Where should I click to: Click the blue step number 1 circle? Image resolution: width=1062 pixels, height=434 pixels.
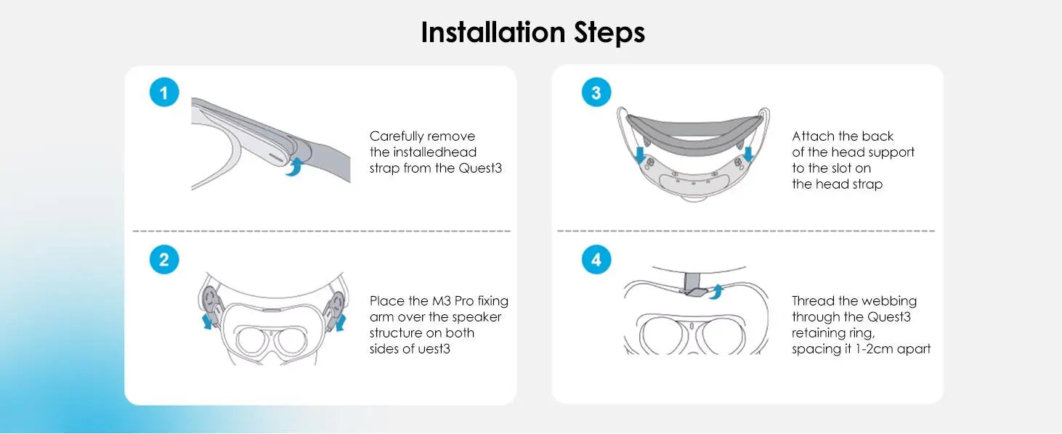tap(164, 92)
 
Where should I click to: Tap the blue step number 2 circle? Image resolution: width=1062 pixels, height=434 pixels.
tap(164, 259)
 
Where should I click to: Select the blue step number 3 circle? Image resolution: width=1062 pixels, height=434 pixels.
tap(596, 92)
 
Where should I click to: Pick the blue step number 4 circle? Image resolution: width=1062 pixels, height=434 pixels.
tap(596, 259)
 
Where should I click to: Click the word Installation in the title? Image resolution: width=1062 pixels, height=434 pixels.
tap(493, 32)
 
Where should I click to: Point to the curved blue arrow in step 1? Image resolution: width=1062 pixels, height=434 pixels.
tap(294, 167)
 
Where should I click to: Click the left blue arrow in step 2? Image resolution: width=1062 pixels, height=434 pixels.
tap(207, 321)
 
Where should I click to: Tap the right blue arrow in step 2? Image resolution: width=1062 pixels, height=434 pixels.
tap(340, 322)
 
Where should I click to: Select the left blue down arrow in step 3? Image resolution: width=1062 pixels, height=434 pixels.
tap(640, 155)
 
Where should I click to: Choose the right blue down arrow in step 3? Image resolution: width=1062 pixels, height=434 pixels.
tap(749, 155)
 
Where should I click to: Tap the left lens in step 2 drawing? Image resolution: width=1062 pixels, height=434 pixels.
tap(253, 340)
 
